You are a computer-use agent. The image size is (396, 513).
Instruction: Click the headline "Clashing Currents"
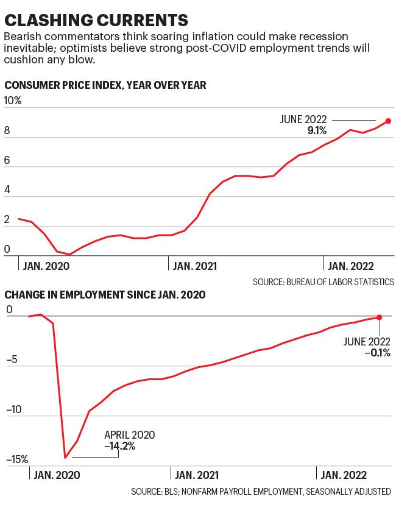[96, 20]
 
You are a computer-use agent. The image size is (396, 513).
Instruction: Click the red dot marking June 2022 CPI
[388, 121]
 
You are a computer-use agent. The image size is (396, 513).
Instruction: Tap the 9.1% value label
[317, 130]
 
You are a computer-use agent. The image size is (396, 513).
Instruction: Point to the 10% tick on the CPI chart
[12, 101]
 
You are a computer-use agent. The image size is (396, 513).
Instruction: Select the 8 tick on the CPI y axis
[7, 130]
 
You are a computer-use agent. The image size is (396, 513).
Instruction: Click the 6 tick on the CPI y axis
[7, 160]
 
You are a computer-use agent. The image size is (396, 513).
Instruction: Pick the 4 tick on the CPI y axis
[7, 189]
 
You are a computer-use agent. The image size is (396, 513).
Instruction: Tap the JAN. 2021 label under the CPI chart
[195, 266]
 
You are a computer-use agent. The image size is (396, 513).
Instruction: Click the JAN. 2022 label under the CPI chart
[350, 266]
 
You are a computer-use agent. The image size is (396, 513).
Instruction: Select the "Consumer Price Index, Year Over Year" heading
[105, 85]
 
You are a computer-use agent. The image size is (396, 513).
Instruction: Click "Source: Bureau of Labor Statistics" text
[324, 282]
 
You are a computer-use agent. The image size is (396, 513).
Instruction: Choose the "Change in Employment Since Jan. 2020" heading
[105, 295]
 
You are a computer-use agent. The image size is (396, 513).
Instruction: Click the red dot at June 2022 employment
[380, 317]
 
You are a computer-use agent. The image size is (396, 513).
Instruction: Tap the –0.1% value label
[378, 353]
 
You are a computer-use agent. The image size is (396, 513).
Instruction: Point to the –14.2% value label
[120, 446]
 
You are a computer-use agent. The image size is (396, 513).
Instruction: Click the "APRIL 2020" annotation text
[130, 435]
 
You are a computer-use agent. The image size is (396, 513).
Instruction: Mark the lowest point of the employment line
[65, 458]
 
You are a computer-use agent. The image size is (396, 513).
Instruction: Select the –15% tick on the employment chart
[17, 459]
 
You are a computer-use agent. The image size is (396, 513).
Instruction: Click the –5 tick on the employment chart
[12, 360]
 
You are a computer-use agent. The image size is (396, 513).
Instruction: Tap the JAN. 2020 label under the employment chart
[57, 475]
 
